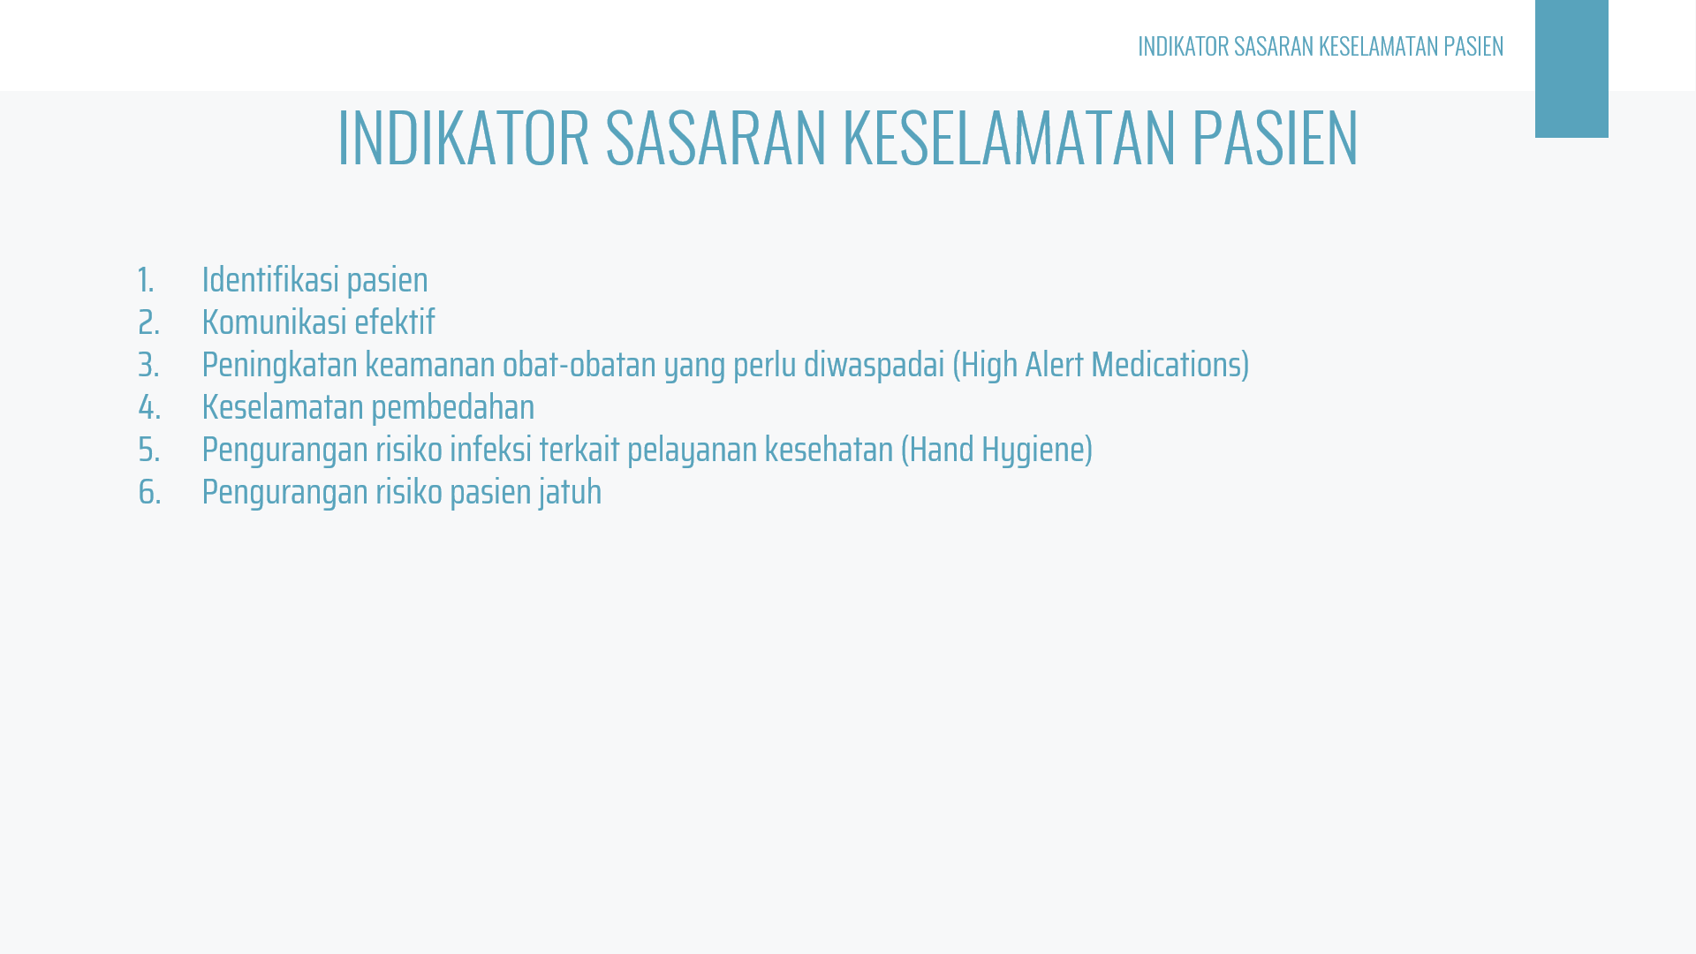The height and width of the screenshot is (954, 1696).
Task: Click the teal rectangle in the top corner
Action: point(1571,69)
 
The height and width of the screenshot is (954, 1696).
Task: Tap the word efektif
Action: point(395,322)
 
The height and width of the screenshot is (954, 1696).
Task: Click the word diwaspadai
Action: point(874,365)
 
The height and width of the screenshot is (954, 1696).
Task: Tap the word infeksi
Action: point(491,450)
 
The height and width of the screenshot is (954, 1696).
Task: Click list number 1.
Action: point(146,281)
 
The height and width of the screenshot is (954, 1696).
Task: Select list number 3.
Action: point(148,366)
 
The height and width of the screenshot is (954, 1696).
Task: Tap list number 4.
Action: point(149,408)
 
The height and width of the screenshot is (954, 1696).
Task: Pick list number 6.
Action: point(149,493)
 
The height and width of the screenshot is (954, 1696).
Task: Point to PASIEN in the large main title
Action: point(1275,137)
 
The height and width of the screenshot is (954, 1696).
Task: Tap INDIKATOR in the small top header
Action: point(1183,46)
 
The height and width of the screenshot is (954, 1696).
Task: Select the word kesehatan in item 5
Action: point(829,450)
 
